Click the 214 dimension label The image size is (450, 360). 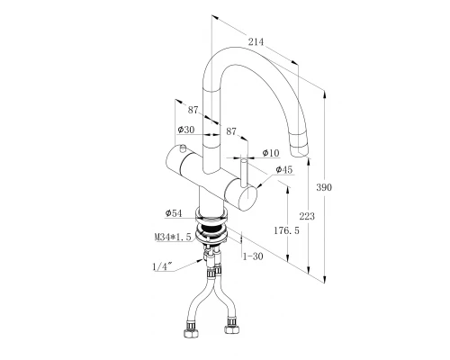(256, 41)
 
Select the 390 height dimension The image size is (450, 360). (324, 187)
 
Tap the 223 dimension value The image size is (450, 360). (307, 216)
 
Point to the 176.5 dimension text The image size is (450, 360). (286, 230)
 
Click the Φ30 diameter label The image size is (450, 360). (186, 130)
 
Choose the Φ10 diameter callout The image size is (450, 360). (271, 153)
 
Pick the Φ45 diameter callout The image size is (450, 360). (283, 170)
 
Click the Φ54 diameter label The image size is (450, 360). (174, 213)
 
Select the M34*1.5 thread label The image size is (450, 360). (173, 237)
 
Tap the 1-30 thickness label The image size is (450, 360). (253, 256)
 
